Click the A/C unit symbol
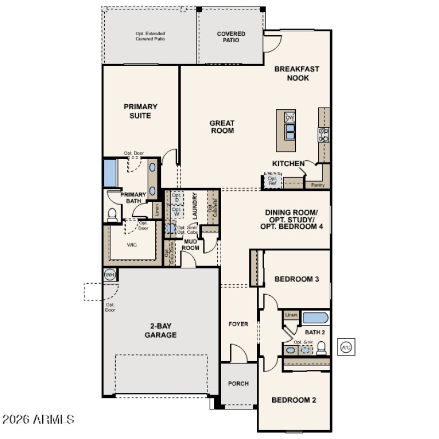click(346, 347)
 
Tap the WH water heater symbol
click(109, 274)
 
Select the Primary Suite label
click(140, 111)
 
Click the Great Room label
click(222, 127)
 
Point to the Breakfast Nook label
click(297, 74)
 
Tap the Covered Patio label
click(231, 37)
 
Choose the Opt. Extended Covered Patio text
click(150, 37)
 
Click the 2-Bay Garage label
click(160, 330)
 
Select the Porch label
click(238, 384)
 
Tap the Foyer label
click(238, 324)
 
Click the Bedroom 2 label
click(294, 400)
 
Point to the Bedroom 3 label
click(296, 279)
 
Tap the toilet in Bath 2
click(322, 348)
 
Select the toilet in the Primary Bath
click(112, 215)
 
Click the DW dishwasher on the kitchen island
click(290, 117)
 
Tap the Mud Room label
click(190, 244)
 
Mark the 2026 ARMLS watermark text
click(38, 420)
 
